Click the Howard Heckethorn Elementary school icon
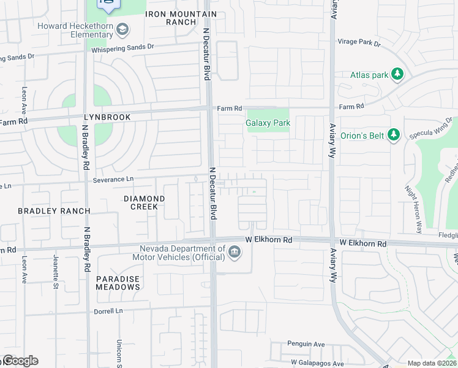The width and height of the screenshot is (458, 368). [x=123, y=29]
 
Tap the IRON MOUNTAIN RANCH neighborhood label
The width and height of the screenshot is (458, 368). [x=181, y=18]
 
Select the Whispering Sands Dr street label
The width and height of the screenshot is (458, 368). [x=122, y=47]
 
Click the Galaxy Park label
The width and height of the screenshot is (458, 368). [x=268, y=123]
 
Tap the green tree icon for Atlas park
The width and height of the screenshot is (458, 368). [x=397, y=74]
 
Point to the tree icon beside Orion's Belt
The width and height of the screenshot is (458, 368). [x=394, y=134]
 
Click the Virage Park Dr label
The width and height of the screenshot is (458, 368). [x=359, y=44]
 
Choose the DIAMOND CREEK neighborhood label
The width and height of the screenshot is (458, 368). [x=144, y=202]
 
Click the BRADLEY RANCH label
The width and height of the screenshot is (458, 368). [x=54, y=211]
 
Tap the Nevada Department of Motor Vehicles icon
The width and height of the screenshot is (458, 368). [x=234, y=252]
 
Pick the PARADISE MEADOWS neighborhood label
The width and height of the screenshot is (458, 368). [x=118, y=283]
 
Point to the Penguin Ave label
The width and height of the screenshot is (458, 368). [x=306, y=345]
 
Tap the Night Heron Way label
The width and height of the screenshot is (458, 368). [x=413, y=210]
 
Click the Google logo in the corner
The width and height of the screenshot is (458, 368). [x=20, y=361]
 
